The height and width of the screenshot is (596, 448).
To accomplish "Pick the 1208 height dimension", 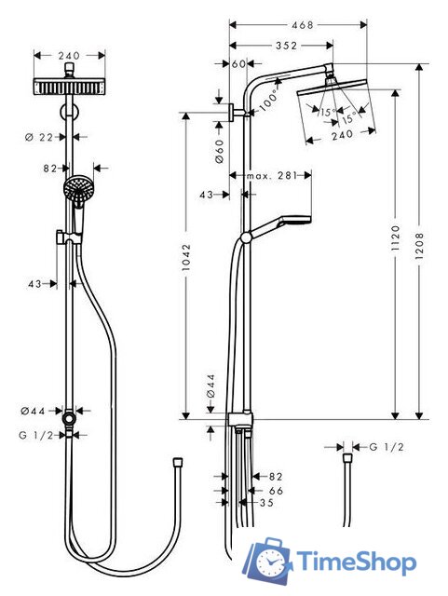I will (x=421, y=239).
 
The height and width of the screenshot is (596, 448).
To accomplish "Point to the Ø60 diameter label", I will (x=219, y=154).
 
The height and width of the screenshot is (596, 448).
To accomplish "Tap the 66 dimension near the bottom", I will (x=276, y=489).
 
